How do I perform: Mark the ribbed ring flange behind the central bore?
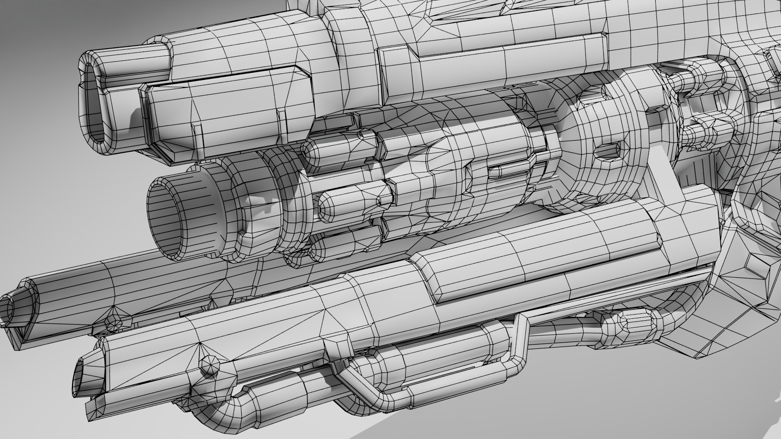256,211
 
